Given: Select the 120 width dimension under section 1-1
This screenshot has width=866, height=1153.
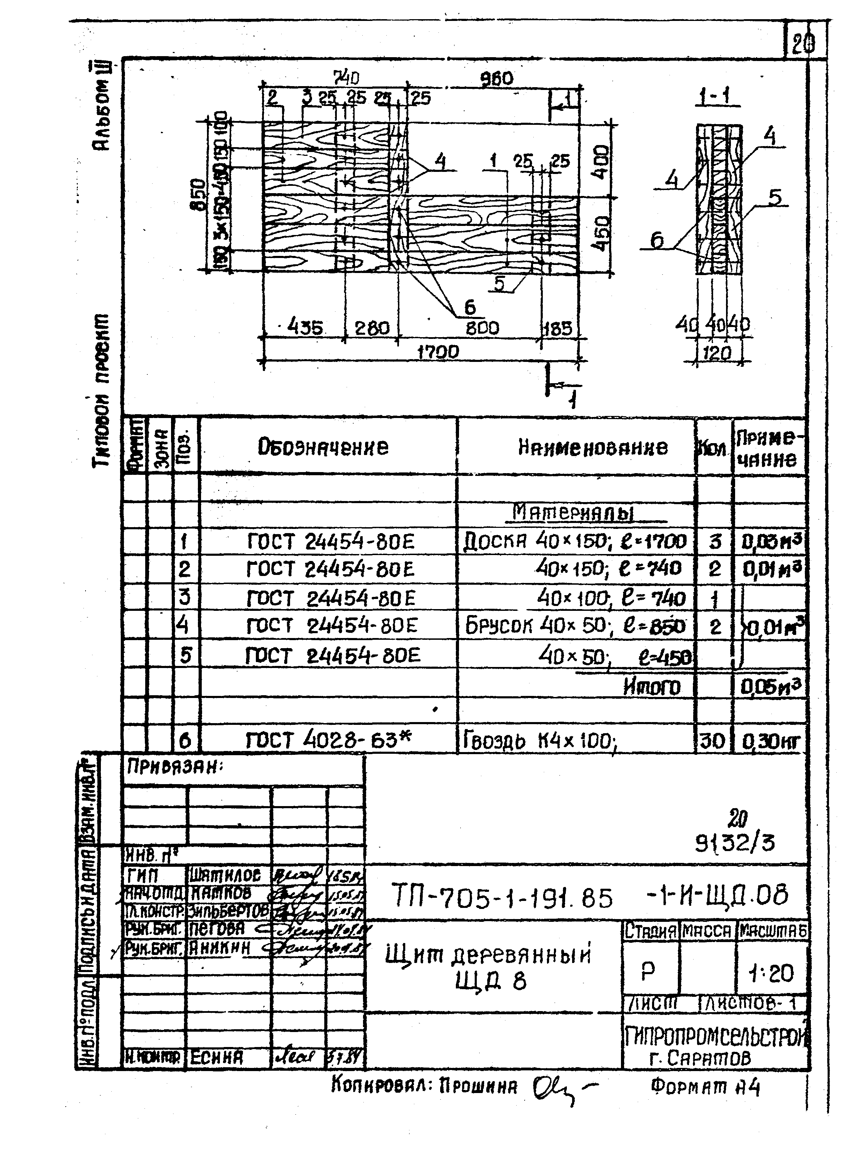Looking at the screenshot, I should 717,354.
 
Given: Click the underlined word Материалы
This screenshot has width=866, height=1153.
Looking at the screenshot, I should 573,513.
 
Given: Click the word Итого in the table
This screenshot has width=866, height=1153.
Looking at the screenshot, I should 652,687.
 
